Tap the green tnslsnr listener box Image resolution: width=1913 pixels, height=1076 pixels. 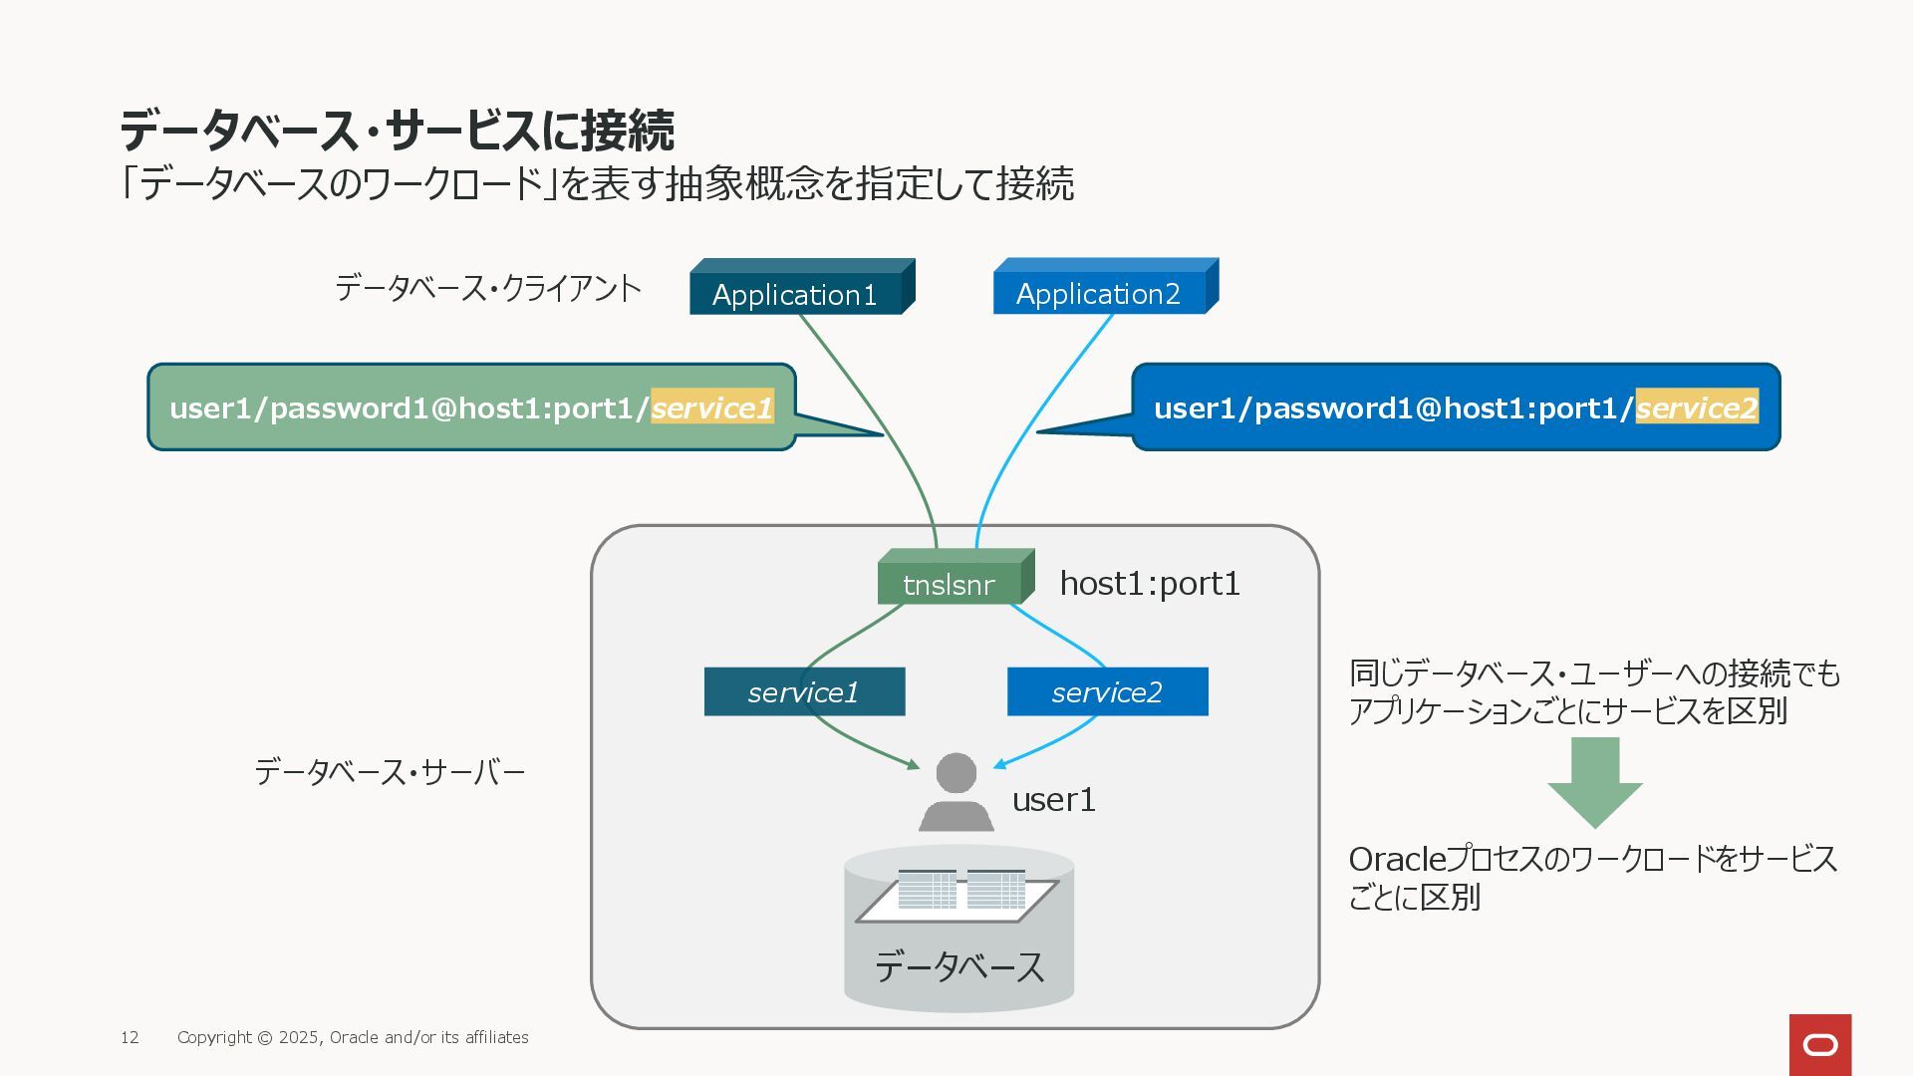click(x=956, y=577)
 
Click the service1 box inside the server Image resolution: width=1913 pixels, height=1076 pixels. click(x=804, y=691)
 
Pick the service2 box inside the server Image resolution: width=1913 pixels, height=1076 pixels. click(x=1107, y=691)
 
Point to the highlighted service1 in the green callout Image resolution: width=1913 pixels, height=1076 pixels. click(x=712, y=406)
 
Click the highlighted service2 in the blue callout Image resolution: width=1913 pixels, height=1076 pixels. click(x=1697, y=406)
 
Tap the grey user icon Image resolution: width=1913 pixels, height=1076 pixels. click(x=956, y=792)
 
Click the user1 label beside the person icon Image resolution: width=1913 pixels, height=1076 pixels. click(x=1054, y=799)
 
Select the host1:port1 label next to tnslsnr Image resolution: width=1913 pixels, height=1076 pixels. click(x=1150, y=583)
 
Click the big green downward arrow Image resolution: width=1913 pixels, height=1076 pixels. click(x=1595, y=783)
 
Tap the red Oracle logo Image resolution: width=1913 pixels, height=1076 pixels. click(x=1820, y=1045)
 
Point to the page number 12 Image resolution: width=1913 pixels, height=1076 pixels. click(x=130, y=1037)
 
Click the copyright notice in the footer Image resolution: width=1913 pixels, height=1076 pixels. click(x=353, y=1037)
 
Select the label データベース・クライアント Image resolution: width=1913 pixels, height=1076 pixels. click(x=488, y=288)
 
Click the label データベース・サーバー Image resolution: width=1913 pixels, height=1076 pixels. click(x=390, y=772)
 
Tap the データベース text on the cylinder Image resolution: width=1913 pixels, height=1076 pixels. click(x=959, y=966)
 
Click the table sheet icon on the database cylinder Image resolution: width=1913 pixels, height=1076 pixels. click(x=957, y=895)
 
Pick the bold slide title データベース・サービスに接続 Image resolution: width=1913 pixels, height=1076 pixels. click(x=398, y=130)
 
